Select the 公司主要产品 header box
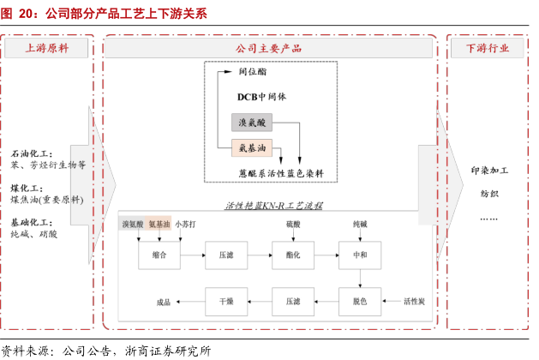[x=269, y=48]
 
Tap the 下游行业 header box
[x=488, y=48]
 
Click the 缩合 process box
[x=159, y=255]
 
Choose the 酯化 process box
[x=292, y=255]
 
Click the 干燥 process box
[x=226, y=301]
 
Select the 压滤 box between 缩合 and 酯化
[x=226, y=255]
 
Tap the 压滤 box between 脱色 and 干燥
[x=292, y=301]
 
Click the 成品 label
[x=164, y=302]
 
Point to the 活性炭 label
[x=415, y=302]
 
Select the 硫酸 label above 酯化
[x=293, y=224]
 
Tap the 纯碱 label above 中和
[x=360, y=224]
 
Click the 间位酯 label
[x=255, y=72]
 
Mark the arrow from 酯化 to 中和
[x=326, y=255]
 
